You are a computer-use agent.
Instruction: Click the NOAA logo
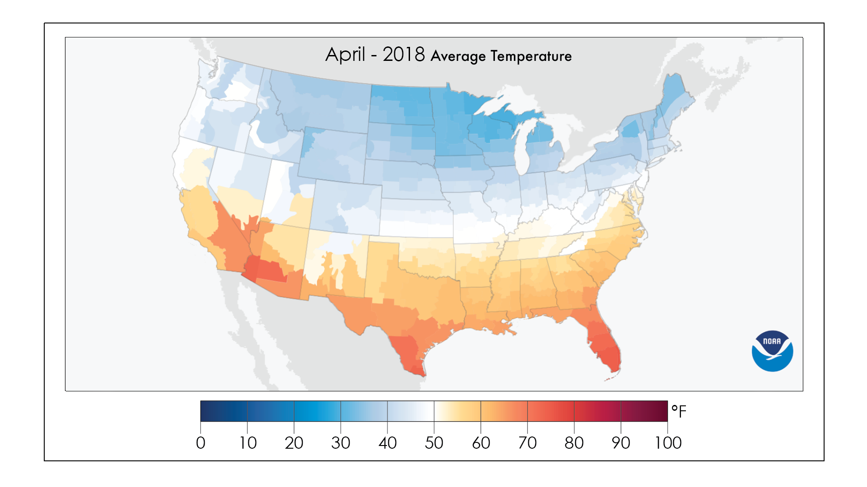(x=772, y=351)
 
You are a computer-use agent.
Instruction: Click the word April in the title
(x=345, y=55)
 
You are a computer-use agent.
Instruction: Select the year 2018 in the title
(x=403, y=55)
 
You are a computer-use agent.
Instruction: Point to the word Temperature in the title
(x=531, y=56)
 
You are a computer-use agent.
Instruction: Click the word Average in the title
(x=458, y=56)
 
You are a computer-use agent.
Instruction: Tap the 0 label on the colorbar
(x=200, y=443)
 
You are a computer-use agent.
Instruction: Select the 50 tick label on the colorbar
(x=434, y=443)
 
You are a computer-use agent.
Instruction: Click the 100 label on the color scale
(x=668, y=443)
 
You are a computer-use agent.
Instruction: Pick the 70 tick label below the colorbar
(x=527, y=443)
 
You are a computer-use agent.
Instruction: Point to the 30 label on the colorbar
(x=340, y=443)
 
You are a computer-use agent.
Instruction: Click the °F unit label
(x=678, y=411)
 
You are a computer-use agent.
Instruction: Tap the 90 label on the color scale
(x=621, y=443)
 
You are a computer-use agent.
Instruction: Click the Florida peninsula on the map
(x=603, y=343)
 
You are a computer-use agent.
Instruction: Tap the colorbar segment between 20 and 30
(x=317, y=411)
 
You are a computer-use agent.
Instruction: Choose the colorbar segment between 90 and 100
(x=644, y=411)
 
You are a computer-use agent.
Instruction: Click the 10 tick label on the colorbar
(x=247, y=443)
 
